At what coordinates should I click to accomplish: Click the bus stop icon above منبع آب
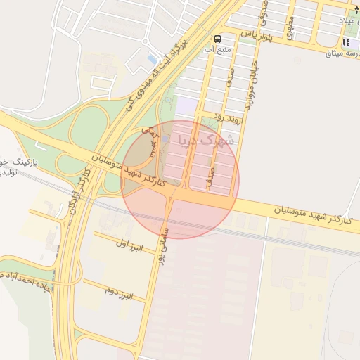point(217,39)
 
